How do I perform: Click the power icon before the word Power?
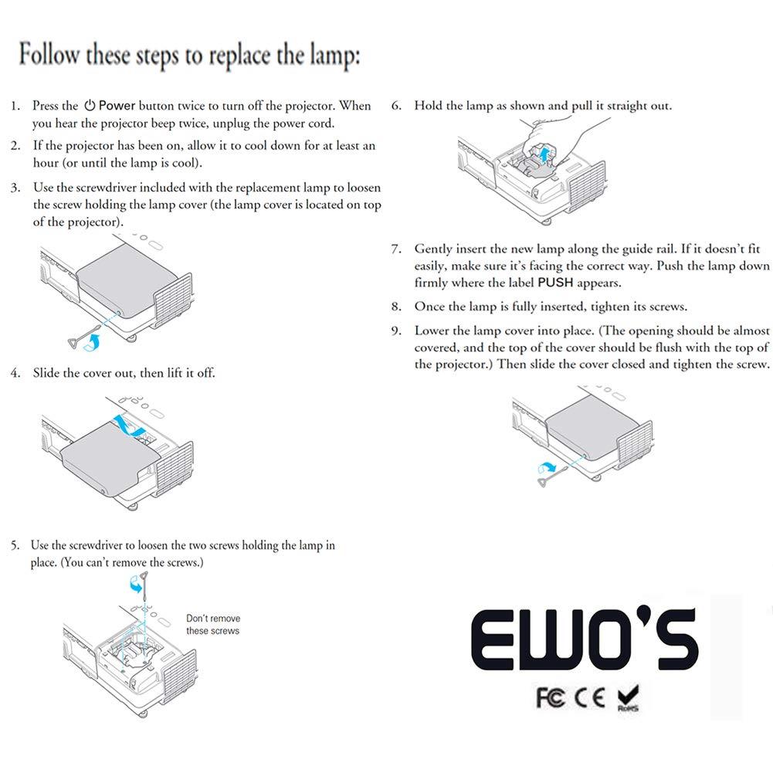click(x=90, y=106)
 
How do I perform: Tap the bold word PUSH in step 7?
click(x=555, y=283)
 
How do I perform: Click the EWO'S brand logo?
click(x=585, y=639)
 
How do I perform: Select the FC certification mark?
click(x=550, y=698)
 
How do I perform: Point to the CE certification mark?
click(x=590, y=698)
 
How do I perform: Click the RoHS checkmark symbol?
click(x=628, y=698)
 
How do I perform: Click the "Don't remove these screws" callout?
click(x=213, y=625)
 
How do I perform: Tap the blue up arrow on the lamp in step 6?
click(x=544, y=154)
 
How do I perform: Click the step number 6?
click(x=395, y=106)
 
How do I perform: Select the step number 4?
click(x=15, y=373)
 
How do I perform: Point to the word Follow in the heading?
click(x=49, y=54)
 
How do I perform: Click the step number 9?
click(x=395, y=331)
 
